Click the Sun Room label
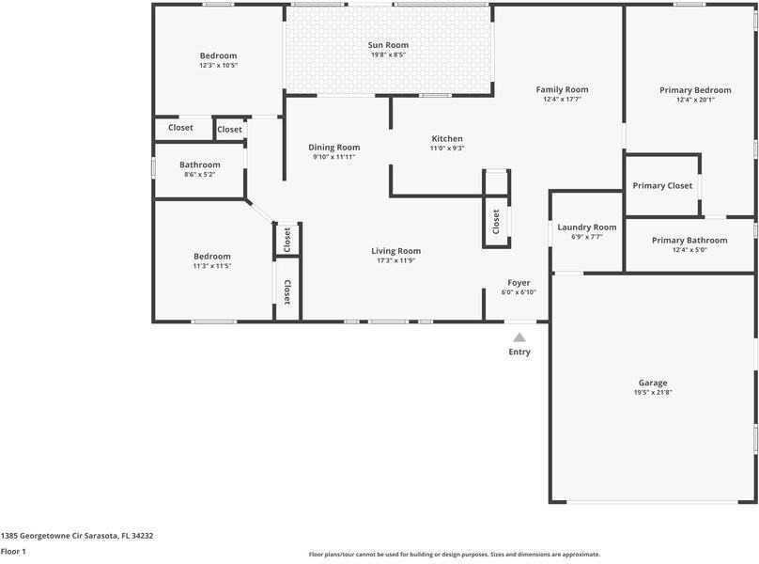pos(389,45)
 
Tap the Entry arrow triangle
pos(519,337)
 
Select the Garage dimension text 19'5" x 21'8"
pos(653,392)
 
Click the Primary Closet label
pos(662,186)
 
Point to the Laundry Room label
pos(586,227)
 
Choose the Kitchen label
pos(447,139)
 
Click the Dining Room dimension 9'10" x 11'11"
pos(334,157)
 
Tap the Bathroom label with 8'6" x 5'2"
pos(199,165)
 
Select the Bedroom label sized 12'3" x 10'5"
pos(218,56)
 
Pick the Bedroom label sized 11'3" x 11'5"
pos(212,257)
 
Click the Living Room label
pos(395,251)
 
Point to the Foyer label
pos(519,283)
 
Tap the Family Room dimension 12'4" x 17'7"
pos(562,99)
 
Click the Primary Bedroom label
pos(695,90)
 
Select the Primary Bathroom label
pos(689,241)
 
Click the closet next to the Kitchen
pos(496,222)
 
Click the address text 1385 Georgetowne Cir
pos(77,536)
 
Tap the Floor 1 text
pos(13,552)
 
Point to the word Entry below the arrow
pos(519,352)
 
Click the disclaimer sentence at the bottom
pos(455,555)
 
